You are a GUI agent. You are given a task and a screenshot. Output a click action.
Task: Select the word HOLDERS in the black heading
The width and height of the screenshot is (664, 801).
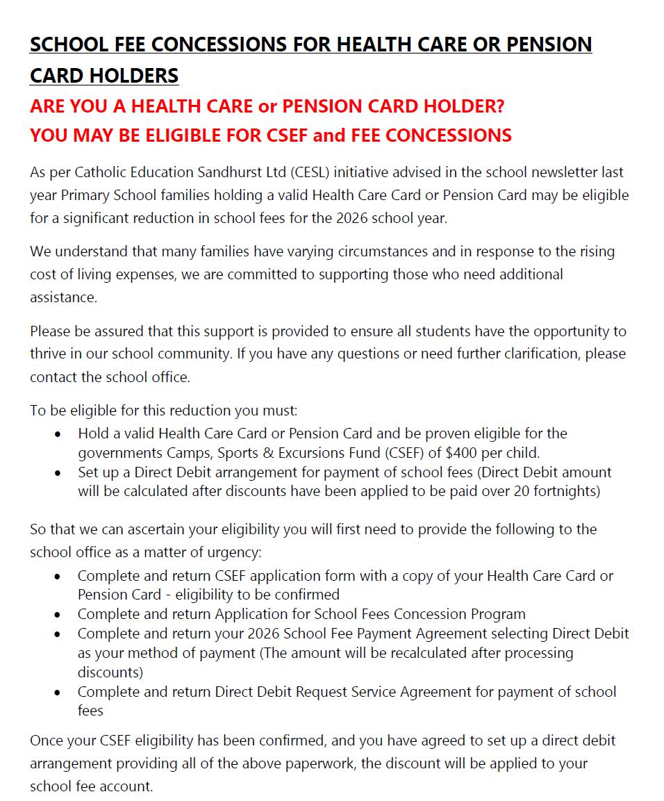138,76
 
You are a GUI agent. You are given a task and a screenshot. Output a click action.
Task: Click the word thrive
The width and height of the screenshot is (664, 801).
48,354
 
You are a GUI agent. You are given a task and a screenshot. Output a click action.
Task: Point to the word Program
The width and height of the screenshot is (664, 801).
496,614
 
